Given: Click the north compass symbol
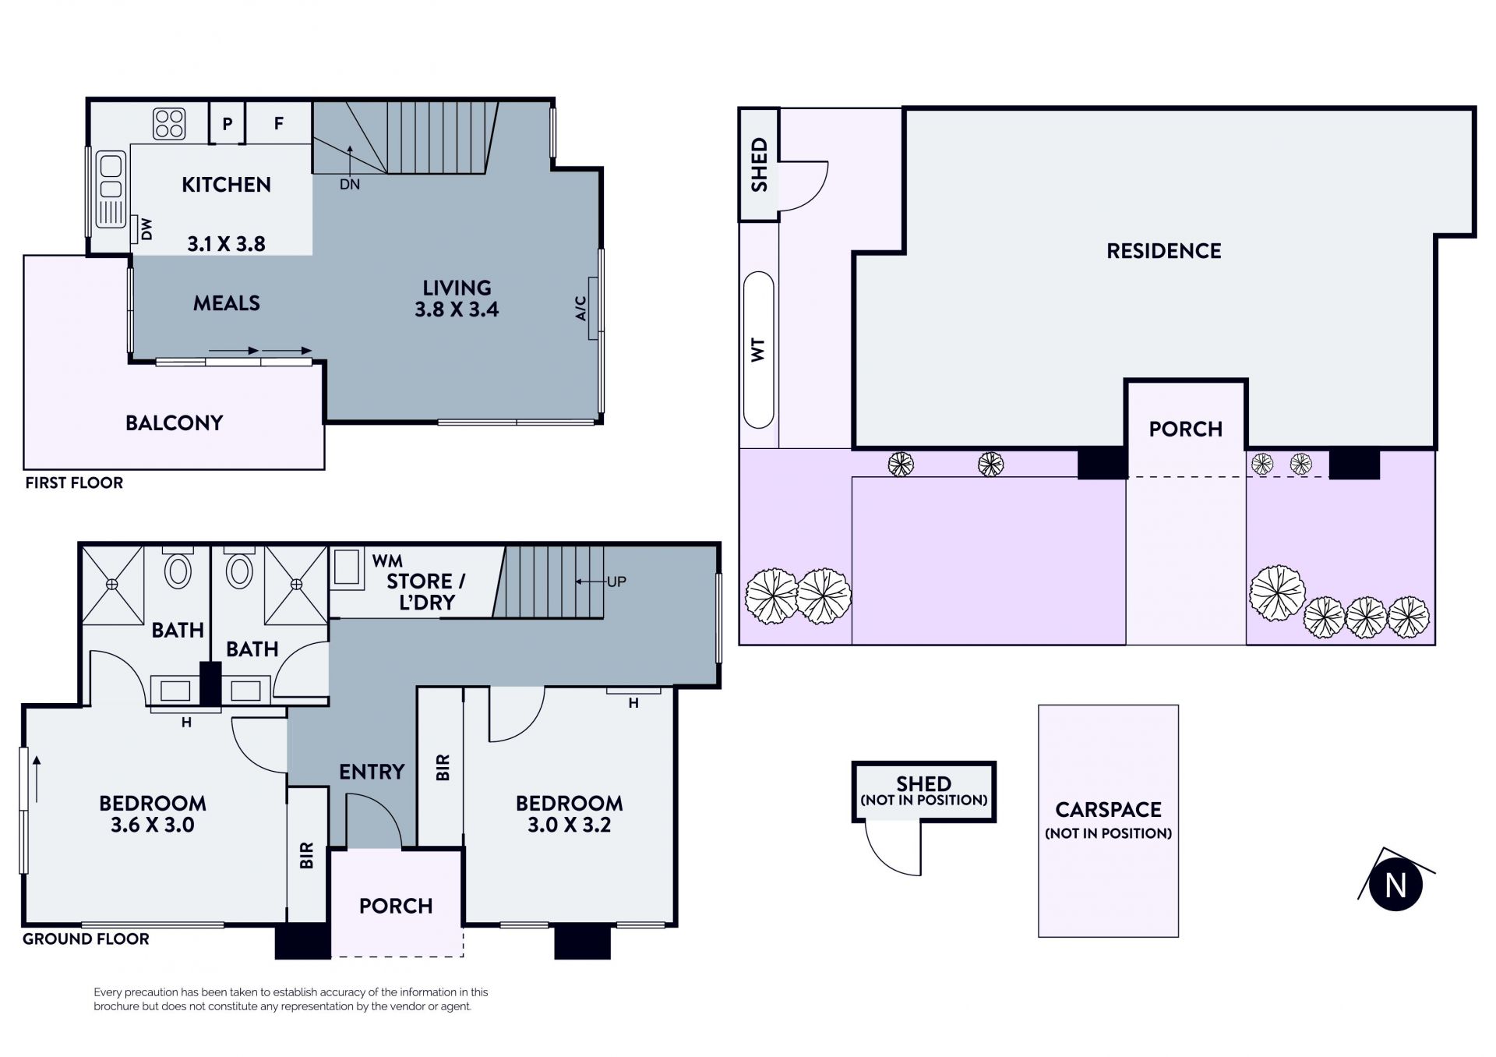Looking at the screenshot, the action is (x=1395, y=885).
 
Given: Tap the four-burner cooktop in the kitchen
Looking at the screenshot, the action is (x=170, y=123).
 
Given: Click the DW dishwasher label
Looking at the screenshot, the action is (x=146, y=229).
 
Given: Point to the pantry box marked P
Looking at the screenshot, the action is (x=228, y=123).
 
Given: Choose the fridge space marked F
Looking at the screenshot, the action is (x=279, y=123).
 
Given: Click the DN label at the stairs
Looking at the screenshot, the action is (x=350, y=185).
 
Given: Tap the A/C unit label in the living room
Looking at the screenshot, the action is (x=580, y=309).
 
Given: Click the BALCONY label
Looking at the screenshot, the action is (x=175, y=422).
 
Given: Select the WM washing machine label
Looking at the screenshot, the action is (x=387, y=560).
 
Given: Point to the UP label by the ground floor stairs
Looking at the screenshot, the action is (x=616, y=582).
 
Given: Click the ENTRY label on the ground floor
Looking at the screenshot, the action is (x=372, y=772).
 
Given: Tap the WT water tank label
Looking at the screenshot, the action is (x=758, y=349).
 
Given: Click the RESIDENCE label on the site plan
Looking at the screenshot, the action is (x=1164, y=251).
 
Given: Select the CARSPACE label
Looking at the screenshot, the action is (x=1108, y=810).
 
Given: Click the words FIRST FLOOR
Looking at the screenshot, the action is (x=74, y=483).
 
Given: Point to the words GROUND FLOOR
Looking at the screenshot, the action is (x=86, y=939).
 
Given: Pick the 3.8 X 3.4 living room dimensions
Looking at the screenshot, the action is (x=457, y=309).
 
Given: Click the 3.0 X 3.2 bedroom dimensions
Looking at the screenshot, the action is (x=570, y=825).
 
